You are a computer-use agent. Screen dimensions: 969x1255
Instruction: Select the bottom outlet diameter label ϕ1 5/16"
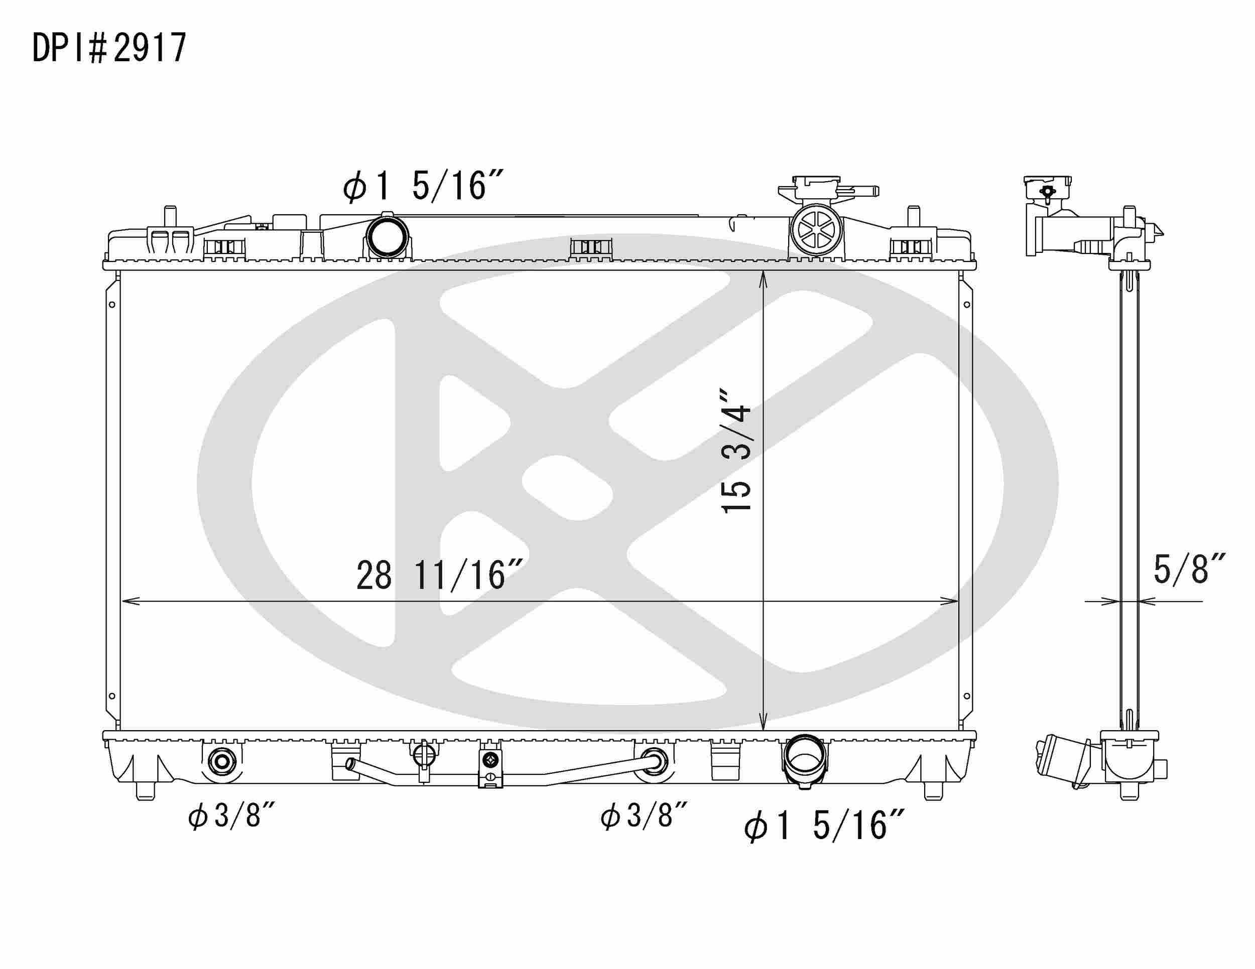point(824,826)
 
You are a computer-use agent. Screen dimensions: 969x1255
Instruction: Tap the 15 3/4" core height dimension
point(736,452)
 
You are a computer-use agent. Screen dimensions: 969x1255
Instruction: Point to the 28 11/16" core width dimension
point(439,576)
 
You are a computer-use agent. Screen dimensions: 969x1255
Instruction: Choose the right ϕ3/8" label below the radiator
point(644,815)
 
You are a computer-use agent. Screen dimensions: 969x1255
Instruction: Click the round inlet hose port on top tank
point(388,237)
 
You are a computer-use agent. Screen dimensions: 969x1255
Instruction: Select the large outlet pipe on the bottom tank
point(805,762)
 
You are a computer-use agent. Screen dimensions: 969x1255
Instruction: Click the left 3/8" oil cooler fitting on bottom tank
point(221,762)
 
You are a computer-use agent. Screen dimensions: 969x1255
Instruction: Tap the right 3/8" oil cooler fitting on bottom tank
point(654,762)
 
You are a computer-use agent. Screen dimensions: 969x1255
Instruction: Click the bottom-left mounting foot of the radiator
point(146,791)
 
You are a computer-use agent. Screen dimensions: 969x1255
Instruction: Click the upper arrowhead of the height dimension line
point(763,280)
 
